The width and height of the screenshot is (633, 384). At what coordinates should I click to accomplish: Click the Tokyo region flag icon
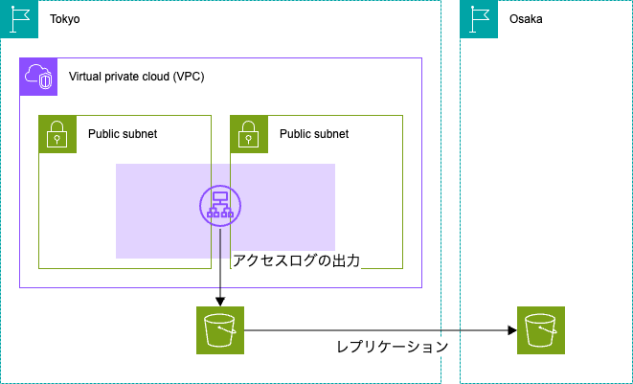point(19,19)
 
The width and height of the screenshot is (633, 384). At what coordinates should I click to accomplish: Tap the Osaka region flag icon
point(479,19)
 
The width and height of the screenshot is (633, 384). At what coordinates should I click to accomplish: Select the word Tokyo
point(64,19)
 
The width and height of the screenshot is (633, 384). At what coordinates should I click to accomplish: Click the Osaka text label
point(526,19)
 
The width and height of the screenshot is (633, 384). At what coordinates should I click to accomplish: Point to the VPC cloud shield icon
point(38,77)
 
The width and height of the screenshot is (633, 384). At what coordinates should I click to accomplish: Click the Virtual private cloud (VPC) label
point(136,77)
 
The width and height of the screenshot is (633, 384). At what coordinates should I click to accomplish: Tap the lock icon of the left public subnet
point(57,134)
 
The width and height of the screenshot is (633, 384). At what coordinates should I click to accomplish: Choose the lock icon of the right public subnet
point(249,134)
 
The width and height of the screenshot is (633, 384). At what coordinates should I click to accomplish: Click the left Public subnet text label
point(123,134)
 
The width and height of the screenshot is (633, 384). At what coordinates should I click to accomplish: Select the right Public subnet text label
point(314,134)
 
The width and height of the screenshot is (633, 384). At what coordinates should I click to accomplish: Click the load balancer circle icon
point(220,206)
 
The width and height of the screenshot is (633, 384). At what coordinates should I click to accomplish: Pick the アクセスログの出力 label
point(296,260)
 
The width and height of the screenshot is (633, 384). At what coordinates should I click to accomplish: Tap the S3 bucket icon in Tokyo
point(220,330)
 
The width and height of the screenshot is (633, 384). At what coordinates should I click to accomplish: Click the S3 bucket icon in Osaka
point(541,330)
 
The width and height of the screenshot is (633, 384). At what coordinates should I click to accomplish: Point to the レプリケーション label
point(393,347)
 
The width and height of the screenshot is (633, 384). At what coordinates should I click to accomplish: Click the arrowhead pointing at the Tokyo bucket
point(220,302)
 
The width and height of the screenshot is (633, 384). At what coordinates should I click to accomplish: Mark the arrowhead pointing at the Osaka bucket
point(512,330)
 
